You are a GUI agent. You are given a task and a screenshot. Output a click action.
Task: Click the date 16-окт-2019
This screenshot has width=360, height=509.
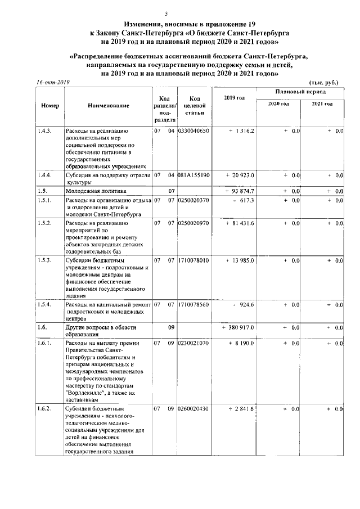point(52,82)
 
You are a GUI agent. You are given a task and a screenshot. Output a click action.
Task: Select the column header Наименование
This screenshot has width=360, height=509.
point(109,106)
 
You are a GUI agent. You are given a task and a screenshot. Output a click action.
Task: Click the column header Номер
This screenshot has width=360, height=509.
point(50,106)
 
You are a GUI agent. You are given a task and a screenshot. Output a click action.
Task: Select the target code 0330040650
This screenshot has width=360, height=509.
point(193,131)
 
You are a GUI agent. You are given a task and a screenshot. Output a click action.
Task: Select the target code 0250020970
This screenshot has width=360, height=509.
point(193,223)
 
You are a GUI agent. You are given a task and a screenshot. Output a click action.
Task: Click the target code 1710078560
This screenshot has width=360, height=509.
point(193,304)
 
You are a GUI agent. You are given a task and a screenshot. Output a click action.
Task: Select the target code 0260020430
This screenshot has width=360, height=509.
point(193,409)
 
